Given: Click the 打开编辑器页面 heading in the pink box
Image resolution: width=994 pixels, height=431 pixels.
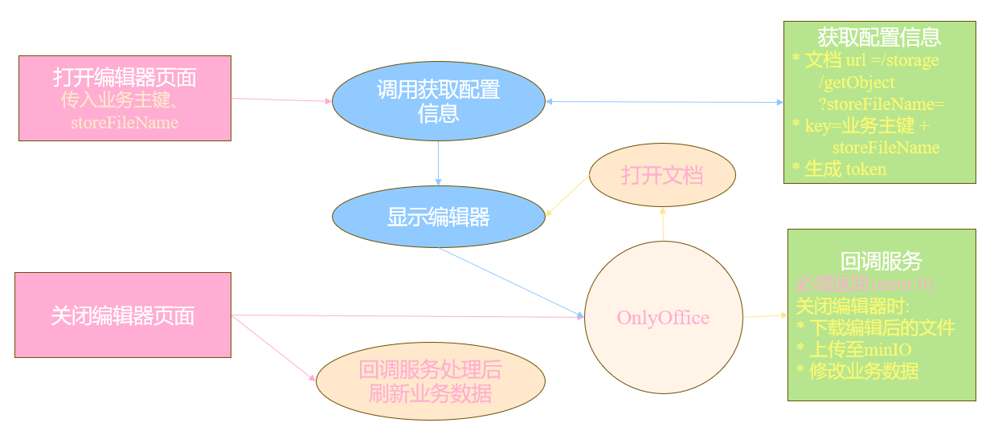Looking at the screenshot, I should pyautogui.click(x=125, y=78).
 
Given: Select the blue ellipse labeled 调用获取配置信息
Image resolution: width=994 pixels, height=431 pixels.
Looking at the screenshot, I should pyautogui.click(x=438, y=100).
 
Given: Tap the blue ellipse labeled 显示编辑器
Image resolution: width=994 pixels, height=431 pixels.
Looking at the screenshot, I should pyautogui.click(x=438, y=217).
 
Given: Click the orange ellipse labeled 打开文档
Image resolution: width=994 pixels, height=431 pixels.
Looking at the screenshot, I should pyautogui.click(x=662, y=176).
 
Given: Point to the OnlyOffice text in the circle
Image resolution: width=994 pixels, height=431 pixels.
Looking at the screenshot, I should pyautogui.click(x=663, y=318).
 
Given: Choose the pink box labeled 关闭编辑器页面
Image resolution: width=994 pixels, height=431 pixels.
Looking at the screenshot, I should pyautogui.click(x=123, y=315).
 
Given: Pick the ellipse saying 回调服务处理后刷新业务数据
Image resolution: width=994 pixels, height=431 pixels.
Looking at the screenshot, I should pyautogui.click(x=430, y=382).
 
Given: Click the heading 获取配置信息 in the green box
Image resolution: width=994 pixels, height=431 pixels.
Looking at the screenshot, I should pyautogui.click(x=879, y=37).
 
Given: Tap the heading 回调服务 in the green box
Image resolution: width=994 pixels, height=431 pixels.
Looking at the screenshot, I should pyautogui.click(x=881, y=262).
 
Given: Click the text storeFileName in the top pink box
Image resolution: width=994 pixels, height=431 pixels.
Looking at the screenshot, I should pyautogui.click(x=125, y=123).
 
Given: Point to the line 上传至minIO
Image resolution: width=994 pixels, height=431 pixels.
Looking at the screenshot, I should pyautogui.click(x=858, y=350).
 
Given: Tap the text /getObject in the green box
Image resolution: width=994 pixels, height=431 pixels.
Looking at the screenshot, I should pyautogui.click(x=857, y=82).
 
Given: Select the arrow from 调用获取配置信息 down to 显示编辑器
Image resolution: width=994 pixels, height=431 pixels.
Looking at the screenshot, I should pyautogui.click(x=438, y=164).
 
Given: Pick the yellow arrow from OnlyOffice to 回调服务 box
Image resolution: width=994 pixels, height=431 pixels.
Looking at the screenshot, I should pyautogui.click(x=765, y=316).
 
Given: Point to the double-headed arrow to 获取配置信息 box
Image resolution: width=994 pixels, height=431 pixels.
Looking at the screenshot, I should pyautogui.click(x=664, y=102).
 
